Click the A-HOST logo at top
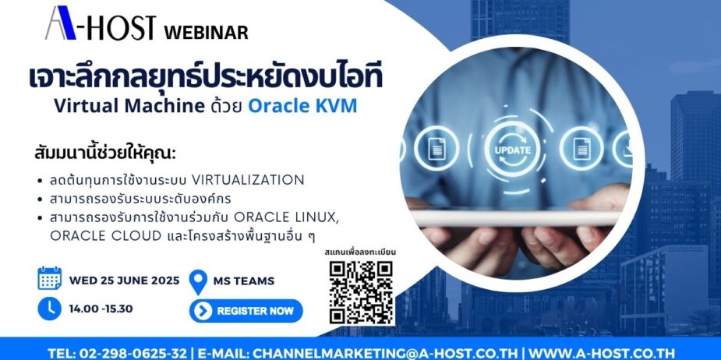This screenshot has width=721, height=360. pos(102,25)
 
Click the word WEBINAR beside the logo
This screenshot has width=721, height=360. pos(207,33)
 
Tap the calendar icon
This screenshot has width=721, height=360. pos(49,279)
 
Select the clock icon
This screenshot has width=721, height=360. pos(49,308)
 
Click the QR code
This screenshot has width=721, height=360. pos(360,291)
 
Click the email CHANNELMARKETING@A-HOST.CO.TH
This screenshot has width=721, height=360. pos(387,352)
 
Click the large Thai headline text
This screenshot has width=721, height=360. pos(205,78)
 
